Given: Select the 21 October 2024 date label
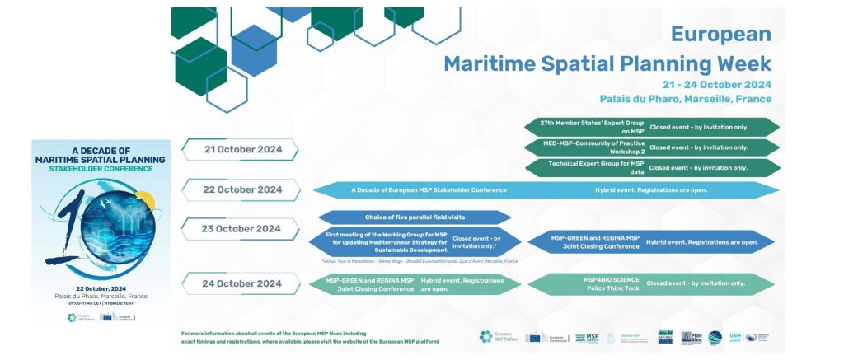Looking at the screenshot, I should point(243,149).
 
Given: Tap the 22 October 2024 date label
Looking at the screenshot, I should point(243,189).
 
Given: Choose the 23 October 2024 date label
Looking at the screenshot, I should point(243,229).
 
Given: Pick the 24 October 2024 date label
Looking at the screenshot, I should point(243,283).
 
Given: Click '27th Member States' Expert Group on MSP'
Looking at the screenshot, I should point(592,126).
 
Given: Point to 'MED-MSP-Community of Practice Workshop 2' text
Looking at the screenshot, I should point(592,147).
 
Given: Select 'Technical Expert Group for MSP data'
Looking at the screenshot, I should point(592,167).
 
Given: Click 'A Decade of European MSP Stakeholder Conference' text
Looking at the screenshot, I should point(429,189).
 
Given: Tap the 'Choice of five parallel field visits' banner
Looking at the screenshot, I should point(412,217).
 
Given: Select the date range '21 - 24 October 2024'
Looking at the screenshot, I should point(716,84).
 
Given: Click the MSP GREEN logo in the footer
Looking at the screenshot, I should point(587,338).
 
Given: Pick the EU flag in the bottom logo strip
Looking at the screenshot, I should point(534,338).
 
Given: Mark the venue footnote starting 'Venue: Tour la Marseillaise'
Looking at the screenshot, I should point(420,260).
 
